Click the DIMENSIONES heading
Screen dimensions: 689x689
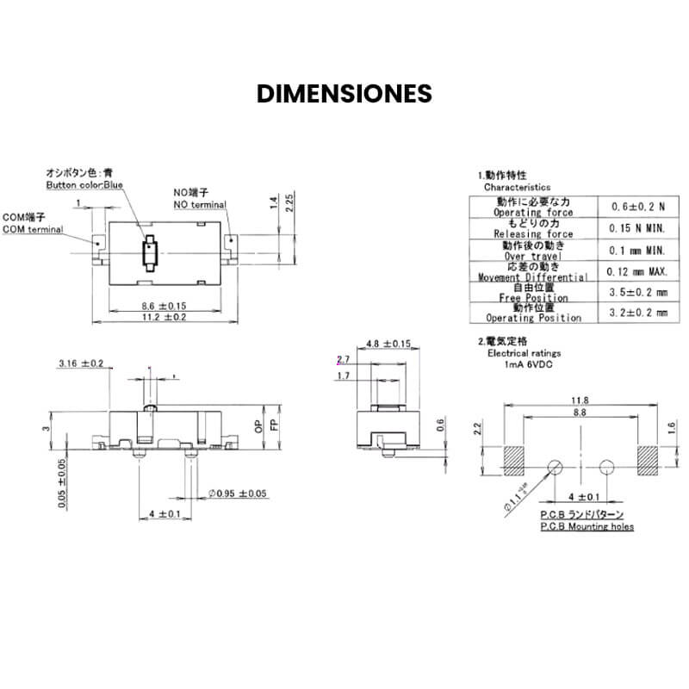pyautogui.click(x=344, y=94)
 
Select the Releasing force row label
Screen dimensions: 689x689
pyautogui.click(x=532, y=233)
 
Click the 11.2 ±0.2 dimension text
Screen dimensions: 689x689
pyautogui.click(x=164, y=318)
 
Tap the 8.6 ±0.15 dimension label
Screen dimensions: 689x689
pyautogui.click(x=164, y=306)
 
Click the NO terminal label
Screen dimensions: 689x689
pyautogui.click(x=200, y=205)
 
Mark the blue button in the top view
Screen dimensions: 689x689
pyautogui.click(x=150, y=254)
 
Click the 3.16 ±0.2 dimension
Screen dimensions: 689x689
pyautogui.click(x=81, y=363)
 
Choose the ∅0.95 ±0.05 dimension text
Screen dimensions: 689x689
pyautogui.click(x=238, y=493)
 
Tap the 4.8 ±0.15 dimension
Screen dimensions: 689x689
pyautogui.click(x=388, y=344)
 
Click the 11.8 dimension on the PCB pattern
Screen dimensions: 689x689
pyautogui.click(x=580, y=400)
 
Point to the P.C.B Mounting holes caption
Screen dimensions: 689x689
pyautogui.click(x=587, y=525)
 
